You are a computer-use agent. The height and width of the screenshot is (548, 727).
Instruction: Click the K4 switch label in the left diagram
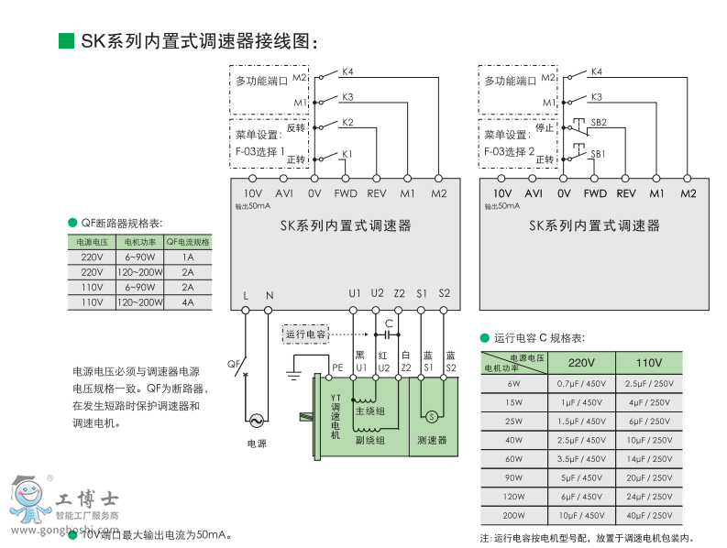coord(347,71)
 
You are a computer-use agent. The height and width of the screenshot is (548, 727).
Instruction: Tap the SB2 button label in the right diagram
coord(599,122)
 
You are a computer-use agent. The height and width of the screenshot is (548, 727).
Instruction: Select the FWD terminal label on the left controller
coord(346,193)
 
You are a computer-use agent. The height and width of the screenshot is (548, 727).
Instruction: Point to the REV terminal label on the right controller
coord(626,193)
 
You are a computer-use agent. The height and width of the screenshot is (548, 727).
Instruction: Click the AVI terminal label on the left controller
coord(284,193)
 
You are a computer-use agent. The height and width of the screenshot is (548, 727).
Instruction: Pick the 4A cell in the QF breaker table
coord(188,301)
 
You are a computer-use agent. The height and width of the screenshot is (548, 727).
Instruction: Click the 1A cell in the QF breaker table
coord(188,258)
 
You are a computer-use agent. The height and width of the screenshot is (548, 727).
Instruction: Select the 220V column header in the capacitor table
coord(581,362)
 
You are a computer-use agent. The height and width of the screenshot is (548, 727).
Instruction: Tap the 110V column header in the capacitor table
coord(649,362)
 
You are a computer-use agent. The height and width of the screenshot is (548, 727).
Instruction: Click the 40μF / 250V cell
coord(649,516)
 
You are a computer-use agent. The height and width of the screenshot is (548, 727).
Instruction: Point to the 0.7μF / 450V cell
coord(581,383)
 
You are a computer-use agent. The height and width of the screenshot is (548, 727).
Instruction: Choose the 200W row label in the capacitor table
coord(513,516)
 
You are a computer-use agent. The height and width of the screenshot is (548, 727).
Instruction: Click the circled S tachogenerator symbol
coord(431,415)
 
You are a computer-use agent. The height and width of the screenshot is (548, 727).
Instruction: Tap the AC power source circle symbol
coord(256,421)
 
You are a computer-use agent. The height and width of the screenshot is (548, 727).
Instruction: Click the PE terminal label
coord(337,367)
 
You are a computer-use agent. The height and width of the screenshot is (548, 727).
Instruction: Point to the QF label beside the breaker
coord(234,363)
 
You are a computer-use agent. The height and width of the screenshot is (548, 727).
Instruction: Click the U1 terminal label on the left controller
coord(355,293)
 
